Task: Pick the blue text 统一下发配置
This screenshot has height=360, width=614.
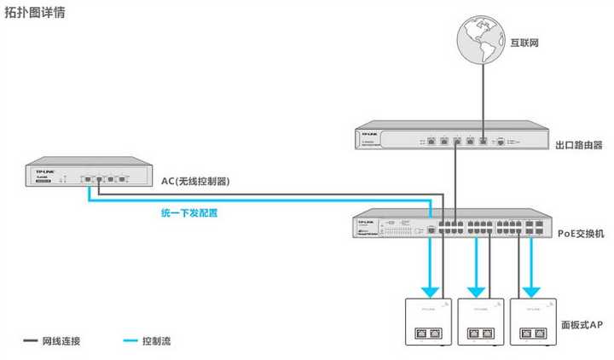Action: [x=189, y=213]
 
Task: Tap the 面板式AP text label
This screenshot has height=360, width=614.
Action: [x=580, y=326]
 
